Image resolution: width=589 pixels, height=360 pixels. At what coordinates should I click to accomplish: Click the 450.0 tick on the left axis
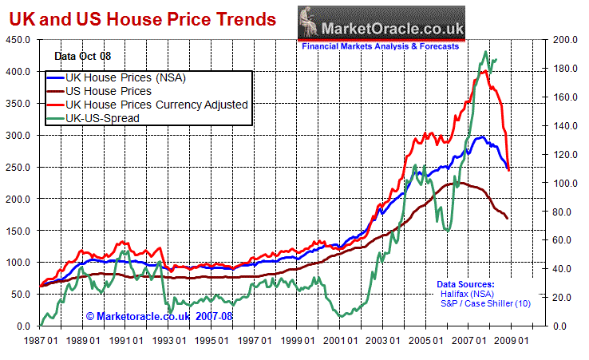(x=18, y=40)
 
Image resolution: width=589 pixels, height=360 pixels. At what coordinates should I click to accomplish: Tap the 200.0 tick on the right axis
(x=565, y=40)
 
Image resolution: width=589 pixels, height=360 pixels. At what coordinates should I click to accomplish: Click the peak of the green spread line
(x=485, y=53)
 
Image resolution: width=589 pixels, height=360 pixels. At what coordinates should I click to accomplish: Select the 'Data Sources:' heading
(x=465, y=284)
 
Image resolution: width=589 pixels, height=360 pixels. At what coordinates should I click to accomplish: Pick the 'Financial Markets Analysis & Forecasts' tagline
(x=380, y=46)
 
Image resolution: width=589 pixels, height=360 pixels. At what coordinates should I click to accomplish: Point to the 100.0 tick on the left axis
(x=18, y=263)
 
